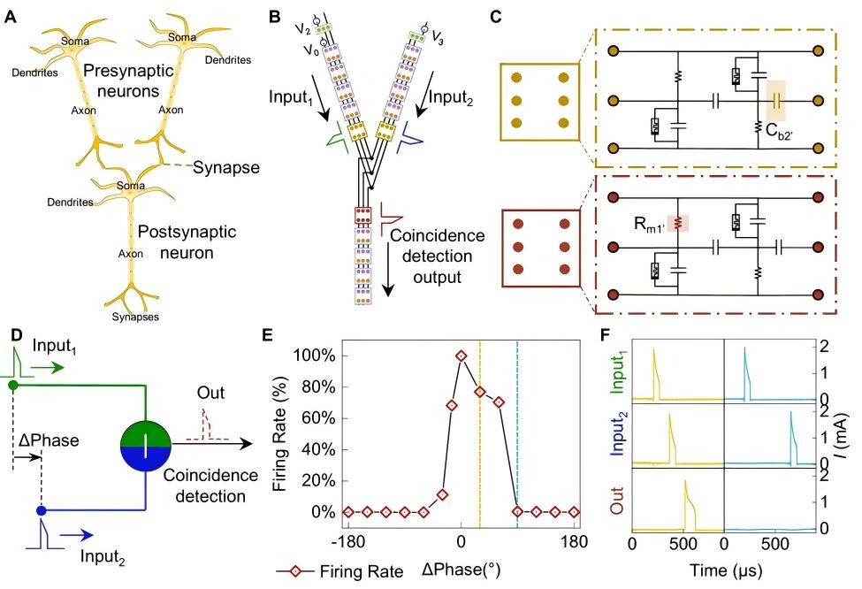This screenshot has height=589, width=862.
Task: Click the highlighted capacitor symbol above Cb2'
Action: (x=776, y=101)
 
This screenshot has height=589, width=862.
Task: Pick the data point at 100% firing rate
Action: (x=461, y=356)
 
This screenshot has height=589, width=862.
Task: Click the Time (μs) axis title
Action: (x=724, y=571)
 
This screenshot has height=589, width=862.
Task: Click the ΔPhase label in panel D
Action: (x=46, y=440)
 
